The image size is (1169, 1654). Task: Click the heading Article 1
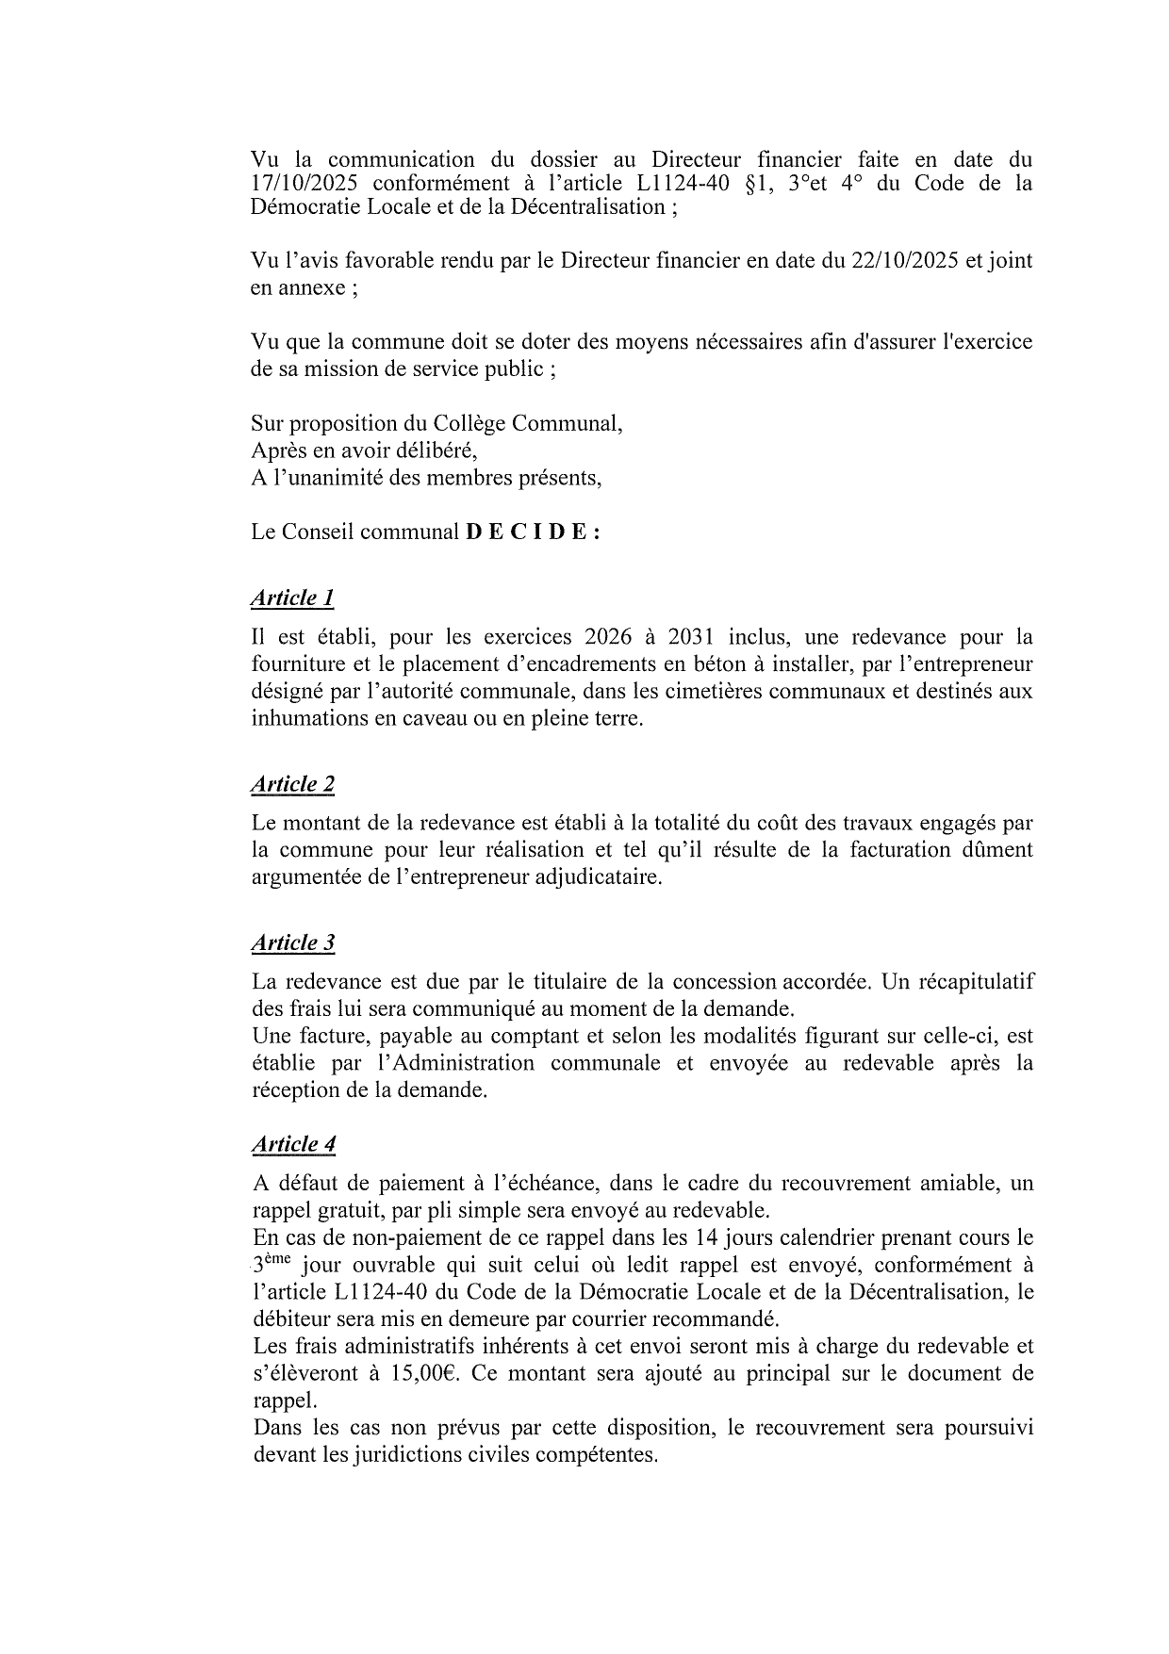(292, 598)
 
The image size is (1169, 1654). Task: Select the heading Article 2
(292, 784)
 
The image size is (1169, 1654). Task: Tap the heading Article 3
(292, 942)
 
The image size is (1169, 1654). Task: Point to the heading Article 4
(293, 1144)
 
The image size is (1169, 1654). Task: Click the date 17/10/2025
(304, 183)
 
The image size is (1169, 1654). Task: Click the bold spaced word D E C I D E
(532, 532)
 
